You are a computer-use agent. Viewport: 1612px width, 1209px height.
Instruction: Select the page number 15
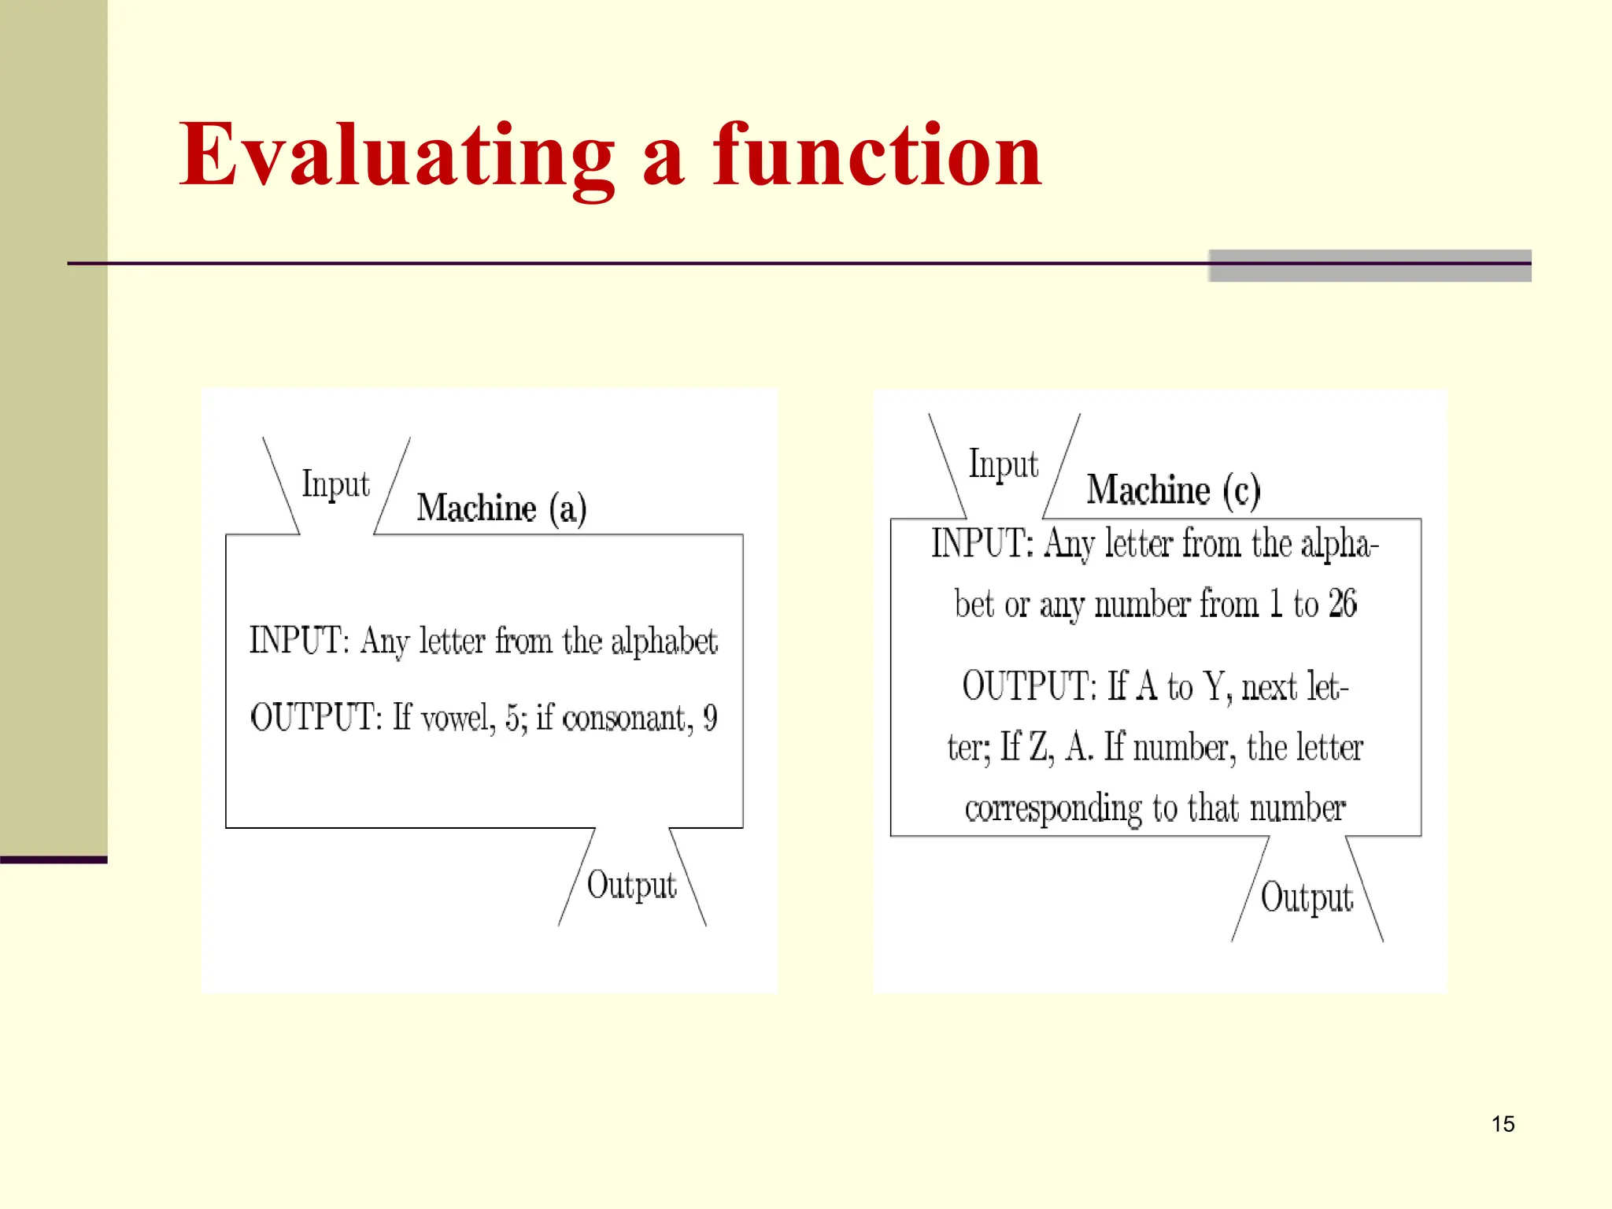point(1503,1123)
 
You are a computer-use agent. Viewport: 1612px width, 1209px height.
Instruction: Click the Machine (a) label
point(501,508)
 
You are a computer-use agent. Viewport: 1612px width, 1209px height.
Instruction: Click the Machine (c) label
point(1173,490)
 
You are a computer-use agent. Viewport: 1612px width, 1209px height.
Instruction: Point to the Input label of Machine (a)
point(335,484)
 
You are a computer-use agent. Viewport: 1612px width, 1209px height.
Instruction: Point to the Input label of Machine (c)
point(1003,464)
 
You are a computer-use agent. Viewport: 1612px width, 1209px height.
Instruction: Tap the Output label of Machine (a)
point(631,885)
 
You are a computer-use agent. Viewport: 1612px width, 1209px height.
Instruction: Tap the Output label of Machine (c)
point(1306,898)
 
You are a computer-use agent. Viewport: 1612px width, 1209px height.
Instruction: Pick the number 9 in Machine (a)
point(710,717)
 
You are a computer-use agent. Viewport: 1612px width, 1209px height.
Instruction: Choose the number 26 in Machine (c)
point(1342,604)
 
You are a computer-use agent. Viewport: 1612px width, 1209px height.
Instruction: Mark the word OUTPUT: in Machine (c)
point(1028,686)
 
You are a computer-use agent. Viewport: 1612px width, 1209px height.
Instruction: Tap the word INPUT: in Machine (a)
point(299,640)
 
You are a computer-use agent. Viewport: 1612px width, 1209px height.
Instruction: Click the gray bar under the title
point(1369,266)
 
